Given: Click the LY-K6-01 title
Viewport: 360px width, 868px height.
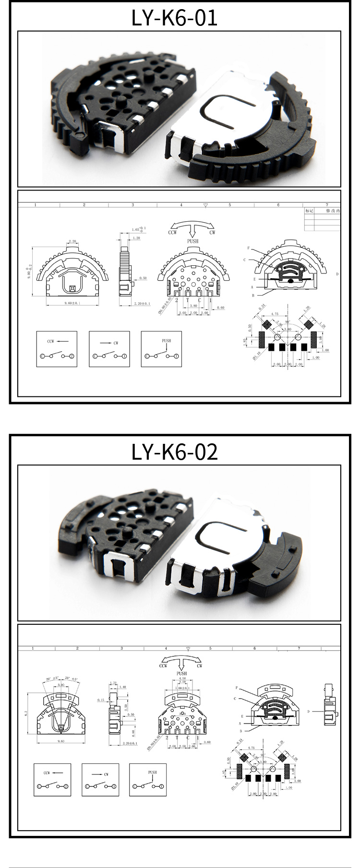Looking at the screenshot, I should click(175, 18).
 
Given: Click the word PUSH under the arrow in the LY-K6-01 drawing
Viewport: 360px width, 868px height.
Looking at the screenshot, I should click(192, 241).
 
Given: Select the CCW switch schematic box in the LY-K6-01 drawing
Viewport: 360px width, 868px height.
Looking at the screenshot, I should click(57, 348).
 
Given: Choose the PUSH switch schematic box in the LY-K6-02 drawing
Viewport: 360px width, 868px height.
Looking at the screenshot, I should click(148, 780).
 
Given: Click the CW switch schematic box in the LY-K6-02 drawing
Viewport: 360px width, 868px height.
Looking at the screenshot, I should click(100, 780).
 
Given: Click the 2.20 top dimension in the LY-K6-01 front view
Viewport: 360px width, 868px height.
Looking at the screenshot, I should click(73, 241).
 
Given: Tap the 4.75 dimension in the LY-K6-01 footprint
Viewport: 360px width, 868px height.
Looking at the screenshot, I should click(275, 314).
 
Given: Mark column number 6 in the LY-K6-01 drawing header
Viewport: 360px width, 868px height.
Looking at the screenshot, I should click(278, 205).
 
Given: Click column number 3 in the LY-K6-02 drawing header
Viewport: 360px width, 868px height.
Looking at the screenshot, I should click(121, 648).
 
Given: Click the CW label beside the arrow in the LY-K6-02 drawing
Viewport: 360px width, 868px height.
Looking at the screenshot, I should click(199, 666).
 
